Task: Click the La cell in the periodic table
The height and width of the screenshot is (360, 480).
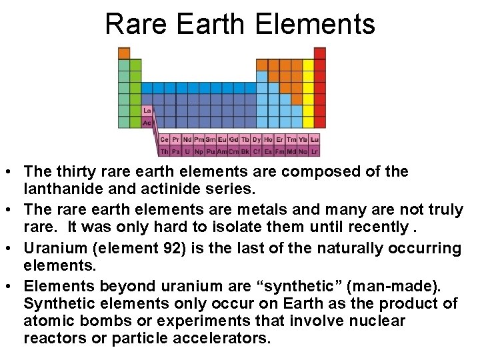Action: coord(147,111)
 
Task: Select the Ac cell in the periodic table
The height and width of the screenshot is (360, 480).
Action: coord(147,123)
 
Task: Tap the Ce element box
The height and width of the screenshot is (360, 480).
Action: coord(165,139)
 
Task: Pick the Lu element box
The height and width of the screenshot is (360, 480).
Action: coord(315,139)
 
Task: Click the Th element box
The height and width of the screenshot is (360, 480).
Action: coord(165,151)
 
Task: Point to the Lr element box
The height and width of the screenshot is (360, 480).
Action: coord(315,151)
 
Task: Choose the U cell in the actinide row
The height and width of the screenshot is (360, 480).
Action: coord(187,151)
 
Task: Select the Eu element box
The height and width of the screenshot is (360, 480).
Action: coord(222,139)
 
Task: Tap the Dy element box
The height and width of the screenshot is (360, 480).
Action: coord(257,139)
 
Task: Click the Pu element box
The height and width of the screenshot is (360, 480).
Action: coord(211,151)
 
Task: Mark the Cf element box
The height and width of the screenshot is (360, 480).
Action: coord(257,151)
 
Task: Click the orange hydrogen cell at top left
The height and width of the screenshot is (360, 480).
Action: coord(124,53)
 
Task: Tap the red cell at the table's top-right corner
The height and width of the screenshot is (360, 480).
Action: coord(320,53)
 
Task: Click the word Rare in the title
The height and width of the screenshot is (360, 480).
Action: coord(135,24)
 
